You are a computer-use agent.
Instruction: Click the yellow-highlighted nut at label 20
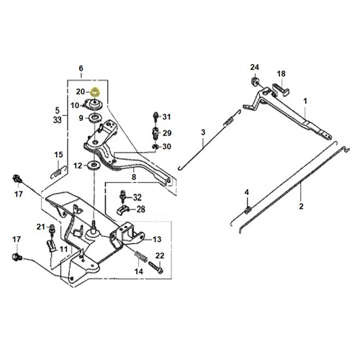[x=95, y=92]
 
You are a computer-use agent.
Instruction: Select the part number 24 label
[x=255, y=68]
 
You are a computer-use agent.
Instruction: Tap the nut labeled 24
[x=255, y=81]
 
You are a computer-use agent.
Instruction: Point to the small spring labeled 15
[x=59, y=172]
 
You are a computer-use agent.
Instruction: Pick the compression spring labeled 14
[x=141, y=256]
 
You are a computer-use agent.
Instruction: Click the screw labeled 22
[x=156, y=267]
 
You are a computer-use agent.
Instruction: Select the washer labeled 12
[x=94, y=166]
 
